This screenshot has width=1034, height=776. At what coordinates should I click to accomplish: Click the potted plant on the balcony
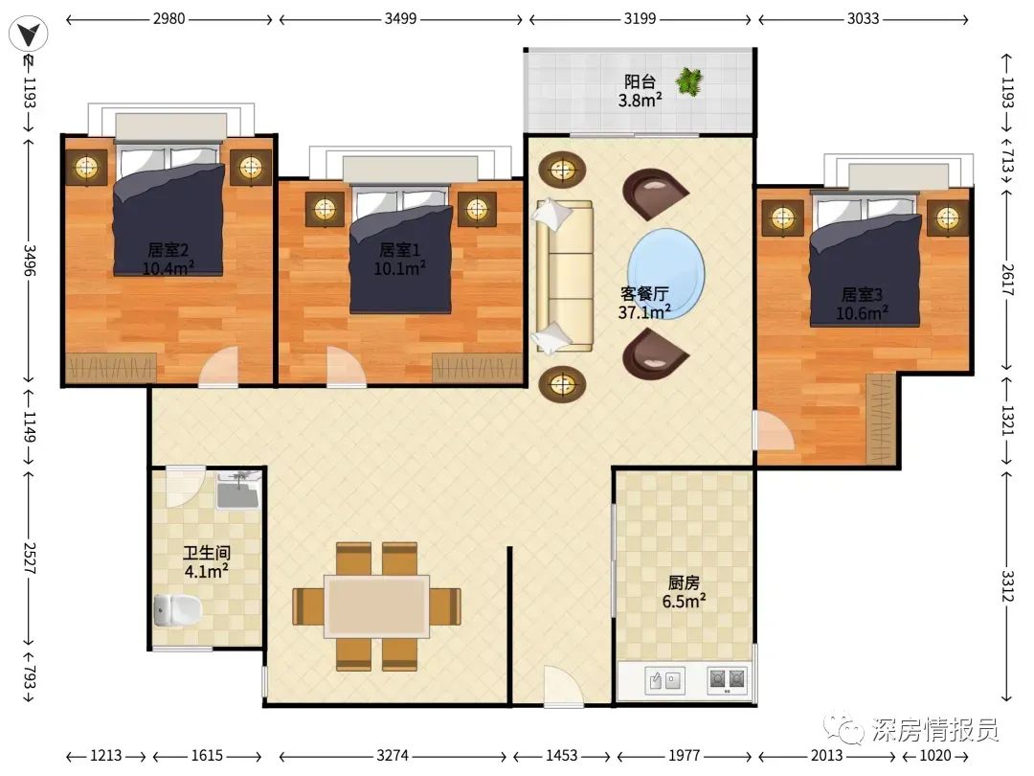[x=689, y=81]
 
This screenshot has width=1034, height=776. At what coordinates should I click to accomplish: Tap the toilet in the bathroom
[x=177, y=609]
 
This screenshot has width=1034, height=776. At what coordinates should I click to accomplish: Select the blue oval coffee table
[x=666, y=273]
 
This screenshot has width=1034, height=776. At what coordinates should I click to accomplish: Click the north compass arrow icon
[x=29, y=34]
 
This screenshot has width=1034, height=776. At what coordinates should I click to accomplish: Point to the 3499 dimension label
[x=401, y=18]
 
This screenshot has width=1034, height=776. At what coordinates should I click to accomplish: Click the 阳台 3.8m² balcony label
[x=640, y=91]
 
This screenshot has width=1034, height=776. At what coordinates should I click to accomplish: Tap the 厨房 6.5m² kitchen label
[x=684, y=592]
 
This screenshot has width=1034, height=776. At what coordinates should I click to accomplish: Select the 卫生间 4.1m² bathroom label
[x=207, y=562]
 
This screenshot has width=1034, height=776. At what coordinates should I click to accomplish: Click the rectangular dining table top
[x=376, y=605]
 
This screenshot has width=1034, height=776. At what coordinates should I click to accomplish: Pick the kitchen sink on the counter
[x=664, y=679]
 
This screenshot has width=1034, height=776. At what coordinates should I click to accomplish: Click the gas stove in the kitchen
[x=728, y=679]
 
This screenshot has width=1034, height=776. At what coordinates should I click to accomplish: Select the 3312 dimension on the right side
[x=1007, y=586]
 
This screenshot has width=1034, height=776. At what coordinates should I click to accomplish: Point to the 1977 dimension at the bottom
[x=684, y=755]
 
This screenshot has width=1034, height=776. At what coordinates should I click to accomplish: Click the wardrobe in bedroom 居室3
[x=880, y=419]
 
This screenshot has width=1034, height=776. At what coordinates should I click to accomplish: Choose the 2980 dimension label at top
[x=169, y=18]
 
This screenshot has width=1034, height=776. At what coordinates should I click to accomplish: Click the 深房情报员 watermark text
[x=934, y=730]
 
